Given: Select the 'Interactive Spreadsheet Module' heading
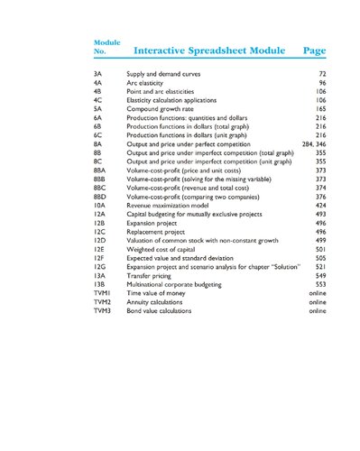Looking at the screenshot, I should pos(209,51).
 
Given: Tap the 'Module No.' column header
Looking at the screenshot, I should pos(106,47).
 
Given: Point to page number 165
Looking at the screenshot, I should pos(319,108).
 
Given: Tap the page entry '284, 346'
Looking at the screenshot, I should pos(313,143).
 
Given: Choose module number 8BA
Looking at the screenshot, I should pos(100,170).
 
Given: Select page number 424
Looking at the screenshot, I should pos(319,205).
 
